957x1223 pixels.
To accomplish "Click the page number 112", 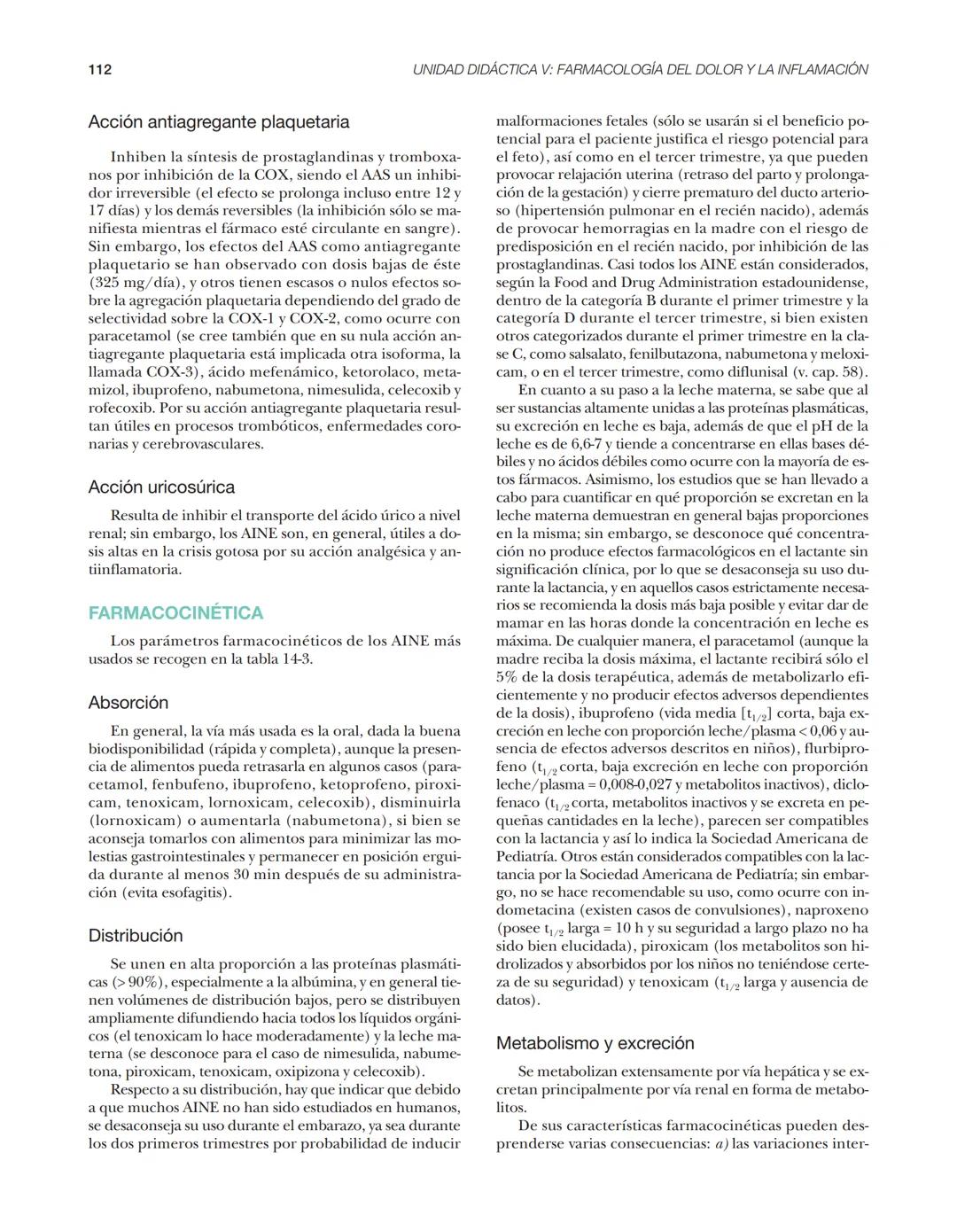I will point(99,69).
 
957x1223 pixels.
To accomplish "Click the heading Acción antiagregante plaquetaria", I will point(218,122).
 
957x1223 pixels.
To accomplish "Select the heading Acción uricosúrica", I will point(161,487).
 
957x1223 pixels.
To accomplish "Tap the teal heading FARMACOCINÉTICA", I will point(175,613).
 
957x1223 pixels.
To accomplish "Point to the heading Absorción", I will point(128,703).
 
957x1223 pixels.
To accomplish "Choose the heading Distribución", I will point(136,936).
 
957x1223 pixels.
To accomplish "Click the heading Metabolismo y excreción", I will point(595,1043).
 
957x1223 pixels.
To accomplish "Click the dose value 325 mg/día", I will point(139,283).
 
